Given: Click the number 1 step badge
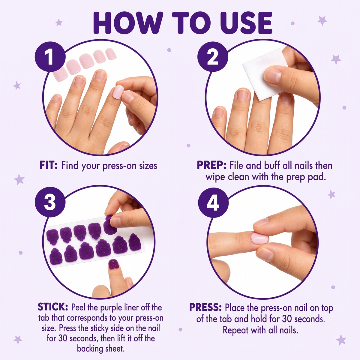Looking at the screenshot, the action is [50, 57].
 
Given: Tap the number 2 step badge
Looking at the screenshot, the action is [213, 57].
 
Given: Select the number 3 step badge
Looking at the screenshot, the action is [50, 202].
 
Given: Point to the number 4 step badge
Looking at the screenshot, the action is [213, 202].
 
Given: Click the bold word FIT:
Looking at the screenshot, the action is [49, 166].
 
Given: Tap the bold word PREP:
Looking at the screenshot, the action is [211, 166].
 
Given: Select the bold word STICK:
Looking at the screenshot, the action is [53, 307].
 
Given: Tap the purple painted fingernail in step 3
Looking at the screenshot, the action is [113, 264].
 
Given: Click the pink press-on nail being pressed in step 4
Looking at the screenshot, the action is [260, 238].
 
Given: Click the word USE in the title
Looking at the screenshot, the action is [246, 23].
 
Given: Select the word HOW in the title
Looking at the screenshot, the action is [128, 23].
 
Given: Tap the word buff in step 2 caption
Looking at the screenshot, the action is [272, 166].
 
